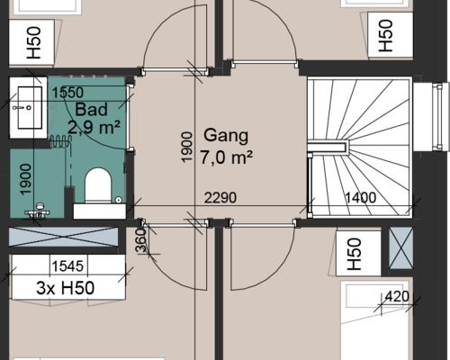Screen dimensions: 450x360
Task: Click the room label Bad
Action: (x=91, y=110)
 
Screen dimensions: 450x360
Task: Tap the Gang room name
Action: (x=226, y=136)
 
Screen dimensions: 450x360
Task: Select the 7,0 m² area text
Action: (x=227, y=157)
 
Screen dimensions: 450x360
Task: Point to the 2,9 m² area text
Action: (x=94, y=127)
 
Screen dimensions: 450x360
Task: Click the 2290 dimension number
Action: (x=220, y=198)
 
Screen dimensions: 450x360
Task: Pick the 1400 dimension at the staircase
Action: (x=360, y=198)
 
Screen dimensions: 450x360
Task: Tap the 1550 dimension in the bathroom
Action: (x=67, y=93)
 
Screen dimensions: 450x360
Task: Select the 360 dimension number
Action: (x=140, y=240)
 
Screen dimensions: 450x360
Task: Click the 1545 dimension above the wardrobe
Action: (x=67, y=265)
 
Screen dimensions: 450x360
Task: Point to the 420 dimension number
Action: (x=397, y=297)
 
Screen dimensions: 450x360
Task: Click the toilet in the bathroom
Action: (x=98, y=185)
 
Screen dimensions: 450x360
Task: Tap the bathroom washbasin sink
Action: (x=30, y=107)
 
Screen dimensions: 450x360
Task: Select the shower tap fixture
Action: (x=38, y=211)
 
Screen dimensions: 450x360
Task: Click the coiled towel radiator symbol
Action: (x=60, y=141)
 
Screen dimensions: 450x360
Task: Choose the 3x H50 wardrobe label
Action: (x=65, y=288)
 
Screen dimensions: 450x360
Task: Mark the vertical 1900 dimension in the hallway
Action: (x=186, y=147)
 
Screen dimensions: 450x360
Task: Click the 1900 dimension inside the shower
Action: (x=25, y=179)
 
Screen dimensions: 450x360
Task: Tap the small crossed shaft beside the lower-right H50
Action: (x=400, y=248)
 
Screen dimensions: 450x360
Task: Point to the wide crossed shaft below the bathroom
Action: (x=63, y=237)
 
